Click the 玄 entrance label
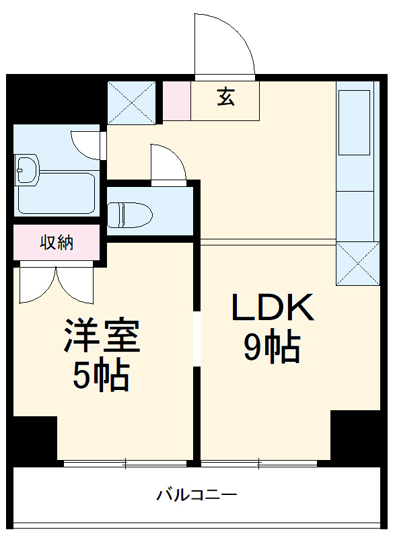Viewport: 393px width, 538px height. (x=225, y=98)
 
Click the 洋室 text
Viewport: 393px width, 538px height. (x=102, y=336)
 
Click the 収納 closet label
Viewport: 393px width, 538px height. (x=56, y=243)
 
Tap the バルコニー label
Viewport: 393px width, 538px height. (x=196, y=496)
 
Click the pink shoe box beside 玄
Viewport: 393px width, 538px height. (x=177, y=101)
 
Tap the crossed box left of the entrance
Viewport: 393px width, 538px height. (x=132, y=102)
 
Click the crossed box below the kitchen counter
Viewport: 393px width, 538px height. (x=357, y=263)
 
